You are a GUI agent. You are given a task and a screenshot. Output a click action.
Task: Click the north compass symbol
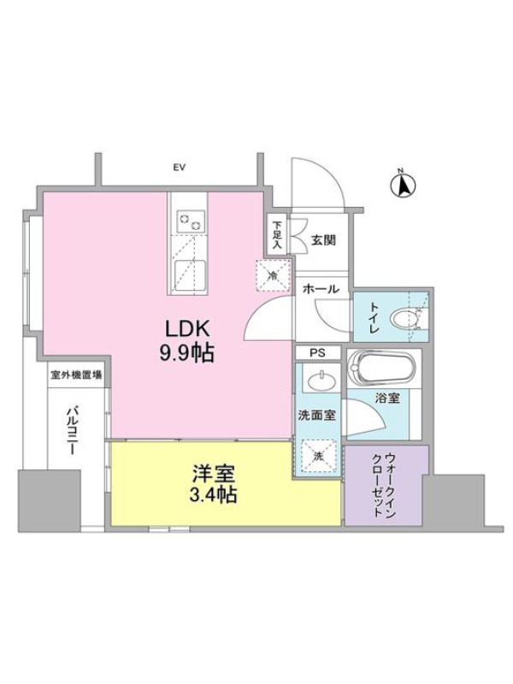pos(402,185)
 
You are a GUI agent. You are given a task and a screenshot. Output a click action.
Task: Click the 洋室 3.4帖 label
pos(215,484)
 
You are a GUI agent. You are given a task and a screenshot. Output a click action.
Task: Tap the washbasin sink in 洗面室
pos(322,380)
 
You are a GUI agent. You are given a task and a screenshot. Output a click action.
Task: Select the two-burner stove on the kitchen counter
pos(191,222)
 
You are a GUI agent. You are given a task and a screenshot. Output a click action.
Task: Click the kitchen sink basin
pos(191,276)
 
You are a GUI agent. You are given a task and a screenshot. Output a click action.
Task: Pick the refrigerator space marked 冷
pos(273,275)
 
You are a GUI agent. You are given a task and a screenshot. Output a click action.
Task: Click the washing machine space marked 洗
pos(318,457)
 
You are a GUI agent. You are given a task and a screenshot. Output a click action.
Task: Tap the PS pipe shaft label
pos(317,353)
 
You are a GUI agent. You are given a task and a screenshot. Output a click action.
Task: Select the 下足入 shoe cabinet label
pos(276,236)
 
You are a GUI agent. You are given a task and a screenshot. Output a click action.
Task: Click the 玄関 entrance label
pos(323,239)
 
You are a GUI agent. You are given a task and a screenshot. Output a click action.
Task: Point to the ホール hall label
pos(321,288)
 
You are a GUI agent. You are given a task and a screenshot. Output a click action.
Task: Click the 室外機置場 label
pos(76,374)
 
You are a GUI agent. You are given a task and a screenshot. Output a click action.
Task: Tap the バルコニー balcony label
pos(72,430)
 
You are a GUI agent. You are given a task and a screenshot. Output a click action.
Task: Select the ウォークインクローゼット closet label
pos(384,485)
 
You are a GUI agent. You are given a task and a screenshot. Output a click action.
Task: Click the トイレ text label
pos(374,317)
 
